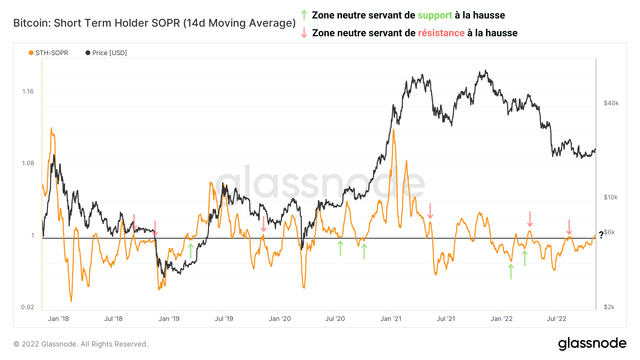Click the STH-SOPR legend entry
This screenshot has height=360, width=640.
pos(48,53)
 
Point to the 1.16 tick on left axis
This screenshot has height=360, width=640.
pos(28,91)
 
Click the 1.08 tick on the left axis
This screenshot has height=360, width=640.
pos(28,163)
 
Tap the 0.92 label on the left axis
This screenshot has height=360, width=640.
pos(28,307)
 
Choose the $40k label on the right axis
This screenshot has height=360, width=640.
pos(611,103)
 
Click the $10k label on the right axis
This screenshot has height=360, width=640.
pos(610,197)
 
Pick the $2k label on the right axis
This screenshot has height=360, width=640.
pos(609,307)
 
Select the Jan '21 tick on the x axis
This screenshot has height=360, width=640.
pos(390,319)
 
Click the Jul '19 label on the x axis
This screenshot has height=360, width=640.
pos(224,319)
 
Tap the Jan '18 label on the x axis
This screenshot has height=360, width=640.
pos(58,319)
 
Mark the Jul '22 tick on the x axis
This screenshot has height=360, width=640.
pos(556,319)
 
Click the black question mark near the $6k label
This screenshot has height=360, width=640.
pos(601,235)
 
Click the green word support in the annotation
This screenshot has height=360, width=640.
pos(434,15)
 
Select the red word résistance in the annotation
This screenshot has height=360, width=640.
pos(441,33)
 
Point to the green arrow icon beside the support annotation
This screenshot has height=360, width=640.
pos(304,15)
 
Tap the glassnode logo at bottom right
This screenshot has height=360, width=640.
pos(592,343)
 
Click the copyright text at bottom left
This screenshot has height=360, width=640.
pos(81,344)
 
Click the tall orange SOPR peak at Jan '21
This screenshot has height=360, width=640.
pos(393,131)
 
